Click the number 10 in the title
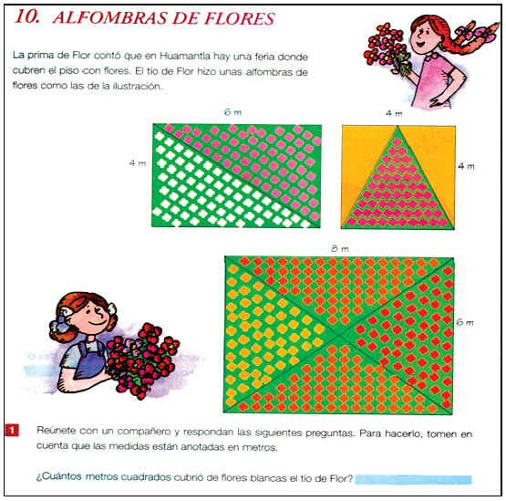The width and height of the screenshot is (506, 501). coord(27,16)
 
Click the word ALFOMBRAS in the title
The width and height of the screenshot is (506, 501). coord(110,17)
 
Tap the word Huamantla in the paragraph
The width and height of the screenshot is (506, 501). coord(185,56)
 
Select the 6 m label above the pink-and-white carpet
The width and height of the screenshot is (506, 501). coord(232,112)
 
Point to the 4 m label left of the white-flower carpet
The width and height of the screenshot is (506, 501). coord(138,163)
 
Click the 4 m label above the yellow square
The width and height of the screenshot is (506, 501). coord(394,113)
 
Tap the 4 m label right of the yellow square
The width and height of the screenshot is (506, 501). coord(466,166)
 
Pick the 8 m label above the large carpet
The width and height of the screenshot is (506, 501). coord(340,248)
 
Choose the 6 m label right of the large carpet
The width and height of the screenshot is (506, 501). coord(465,322)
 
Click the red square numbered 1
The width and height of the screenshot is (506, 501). coord(12,430)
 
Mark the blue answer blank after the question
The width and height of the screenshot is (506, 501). coord(413,479)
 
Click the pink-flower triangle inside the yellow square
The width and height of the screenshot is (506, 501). coord(398,193)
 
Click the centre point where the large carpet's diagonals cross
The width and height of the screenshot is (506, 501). coord(339,336)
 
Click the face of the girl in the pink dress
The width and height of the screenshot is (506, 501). coord(425,36)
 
